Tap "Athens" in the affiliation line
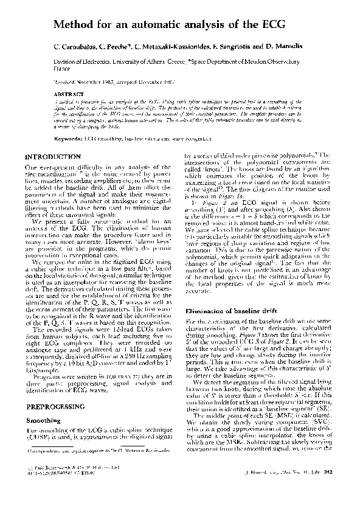(151, 62)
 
